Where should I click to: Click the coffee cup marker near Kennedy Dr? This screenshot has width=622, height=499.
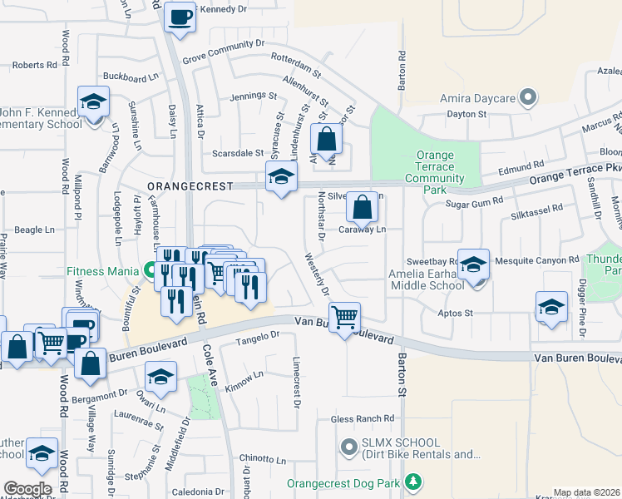click(x=180, y=17)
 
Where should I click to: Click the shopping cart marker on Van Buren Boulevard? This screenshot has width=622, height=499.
click(x=344, y=316)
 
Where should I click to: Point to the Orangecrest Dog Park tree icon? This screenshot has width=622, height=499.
click(x=413, y=482)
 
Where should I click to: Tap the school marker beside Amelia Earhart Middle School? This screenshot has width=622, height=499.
click(x=473, y=265)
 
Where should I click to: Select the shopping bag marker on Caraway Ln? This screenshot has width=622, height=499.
click(x=362, y=208)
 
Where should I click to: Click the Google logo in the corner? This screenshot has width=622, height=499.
click(x=27, y=489)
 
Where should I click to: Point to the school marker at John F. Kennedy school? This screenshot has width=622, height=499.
click(x=93, y=102)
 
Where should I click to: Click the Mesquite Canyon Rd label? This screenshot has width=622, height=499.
click(x=536, y=260)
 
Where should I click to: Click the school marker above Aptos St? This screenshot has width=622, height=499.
click(x=551, y=307)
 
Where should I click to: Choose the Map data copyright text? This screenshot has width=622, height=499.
click(x=586, y=492)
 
